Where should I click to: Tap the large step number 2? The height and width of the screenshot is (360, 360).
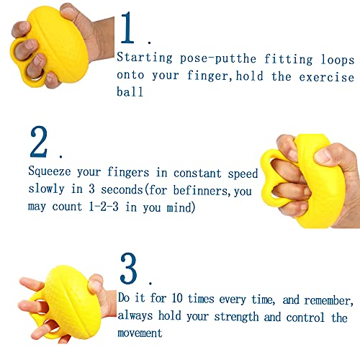(x=40, y=142)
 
